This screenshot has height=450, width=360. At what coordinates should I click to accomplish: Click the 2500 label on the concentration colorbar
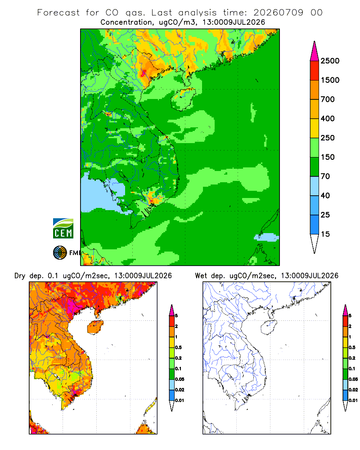click(330, 61)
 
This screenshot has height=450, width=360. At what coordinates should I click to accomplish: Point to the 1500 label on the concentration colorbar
click(330, 80)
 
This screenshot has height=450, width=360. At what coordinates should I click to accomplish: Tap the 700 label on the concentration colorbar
click(328, 99)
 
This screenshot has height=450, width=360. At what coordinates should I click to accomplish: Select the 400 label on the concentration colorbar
click(328, 118)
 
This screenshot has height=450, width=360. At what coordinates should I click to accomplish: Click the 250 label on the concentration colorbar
click(328, 138)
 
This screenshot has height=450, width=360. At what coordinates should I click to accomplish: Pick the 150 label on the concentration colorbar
click(328, 157)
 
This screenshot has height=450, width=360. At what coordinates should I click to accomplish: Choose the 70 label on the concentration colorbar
click(325, 176)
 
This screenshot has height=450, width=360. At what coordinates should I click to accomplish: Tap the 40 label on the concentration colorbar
click(325, 195)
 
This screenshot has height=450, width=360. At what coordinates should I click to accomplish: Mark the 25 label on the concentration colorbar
click(325, 215)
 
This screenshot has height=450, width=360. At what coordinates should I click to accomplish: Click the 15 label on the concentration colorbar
click(325, 234)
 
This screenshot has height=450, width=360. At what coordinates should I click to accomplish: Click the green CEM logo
click(63, 228)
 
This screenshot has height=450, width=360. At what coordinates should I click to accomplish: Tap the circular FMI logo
click(60, 253)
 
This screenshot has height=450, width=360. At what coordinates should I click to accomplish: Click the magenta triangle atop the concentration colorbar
click(315, 52)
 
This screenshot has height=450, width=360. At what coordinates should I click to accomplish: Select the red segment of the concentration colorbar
click(315, 71)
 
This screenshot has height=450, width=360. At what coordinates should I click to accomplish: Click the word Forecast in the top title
click(58, 13)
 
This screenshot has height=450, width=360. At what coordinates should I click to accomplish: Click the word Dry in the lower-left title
click(20, 276)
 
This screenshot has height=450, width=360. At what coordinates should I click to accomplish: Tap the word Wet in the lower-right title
click(201, 276)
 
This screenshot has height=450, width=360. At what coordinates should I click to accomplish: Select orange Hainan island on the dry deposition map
click(95, 327)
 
